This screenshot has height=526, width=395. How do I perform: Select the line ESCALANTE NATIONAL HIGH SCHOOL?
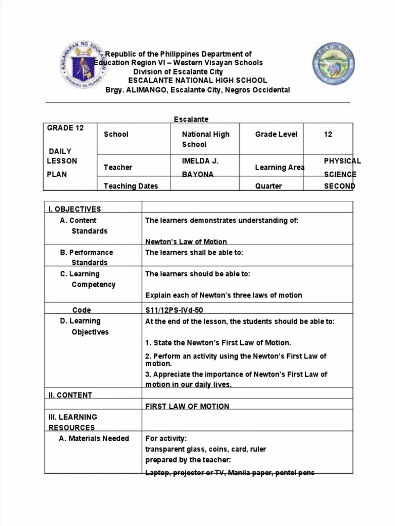tap(197, 80)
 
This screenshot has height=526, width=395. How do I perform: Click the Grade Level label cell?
tap(276, 134)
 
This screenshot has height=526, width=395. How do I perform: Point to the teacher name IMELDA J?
tap(200, 161)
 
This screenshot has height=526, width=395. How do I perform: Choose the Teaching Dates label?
tap(131, 186)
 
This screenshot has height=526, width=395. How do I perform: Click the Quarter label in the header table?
tap(268, 186)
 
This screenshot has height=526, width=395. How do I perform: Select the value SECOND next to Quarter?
tap(339, 186)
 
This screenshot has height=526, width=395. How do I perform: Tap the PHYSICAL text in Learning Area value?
tap(342, 161)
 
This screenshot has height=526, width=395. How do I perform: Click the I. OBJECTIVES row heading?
tap(75, 209)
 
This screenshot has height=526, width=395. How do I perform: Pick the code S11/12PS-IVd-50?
tap(178, 310)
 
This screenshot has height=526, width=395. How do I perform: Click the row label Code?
tap(82, 310)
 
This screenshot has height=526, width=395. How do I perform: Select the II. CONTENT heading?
tap(70, 395)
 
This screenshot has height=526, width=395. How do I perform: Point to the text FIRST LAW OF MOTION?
tap(187, 406)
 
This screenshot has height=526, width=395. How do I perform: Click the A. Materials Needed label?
tap(95, 438)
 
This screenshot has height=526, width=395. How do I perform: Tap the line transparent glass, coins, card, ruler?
tap(206, 449)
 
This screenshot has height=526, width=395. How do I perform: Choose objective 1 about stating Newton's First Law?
tap(218, 343)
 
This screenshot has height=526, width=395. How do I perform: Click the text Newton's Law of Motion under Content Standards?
tap(186, 241)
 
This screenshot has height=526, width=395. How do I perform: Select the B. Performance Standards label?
tap(87, 257)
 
